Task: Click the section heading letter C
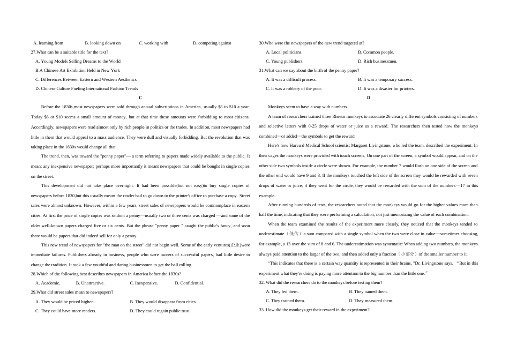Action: [x=140, y=97]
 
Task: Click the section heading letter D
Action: [x=369, y=97]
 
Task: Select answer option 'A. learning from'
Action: [x=48, y=43]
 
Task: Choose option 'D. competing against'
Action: [x=212, y=43]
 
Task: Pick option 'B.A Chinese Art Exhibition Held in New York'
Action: [x=78, y=70]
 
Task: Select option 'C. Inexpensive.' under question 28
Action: [x=144, y=283]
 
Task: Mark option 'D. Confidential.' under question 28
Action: [x=189, y=283]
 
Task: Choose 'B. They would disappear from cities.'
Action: [x=163, y=302]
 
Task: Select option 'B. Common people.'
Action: [x=376, y=52]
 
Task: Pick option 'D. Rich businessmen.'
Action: [x=377, y=61]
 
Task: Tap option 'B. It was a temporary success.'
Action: [x=385, y=79]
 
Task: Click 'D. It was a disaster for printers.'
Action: [x=386, y=88]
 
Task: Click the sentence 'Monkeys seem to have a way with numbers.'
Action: [x=308, y=107]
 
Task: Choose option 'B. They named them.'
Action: [x=368, y=291]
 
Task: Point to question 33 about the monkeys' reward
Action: [x=314, y=310]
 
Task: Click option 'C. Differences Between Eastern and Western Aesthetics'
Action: [x=86, y=79]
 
